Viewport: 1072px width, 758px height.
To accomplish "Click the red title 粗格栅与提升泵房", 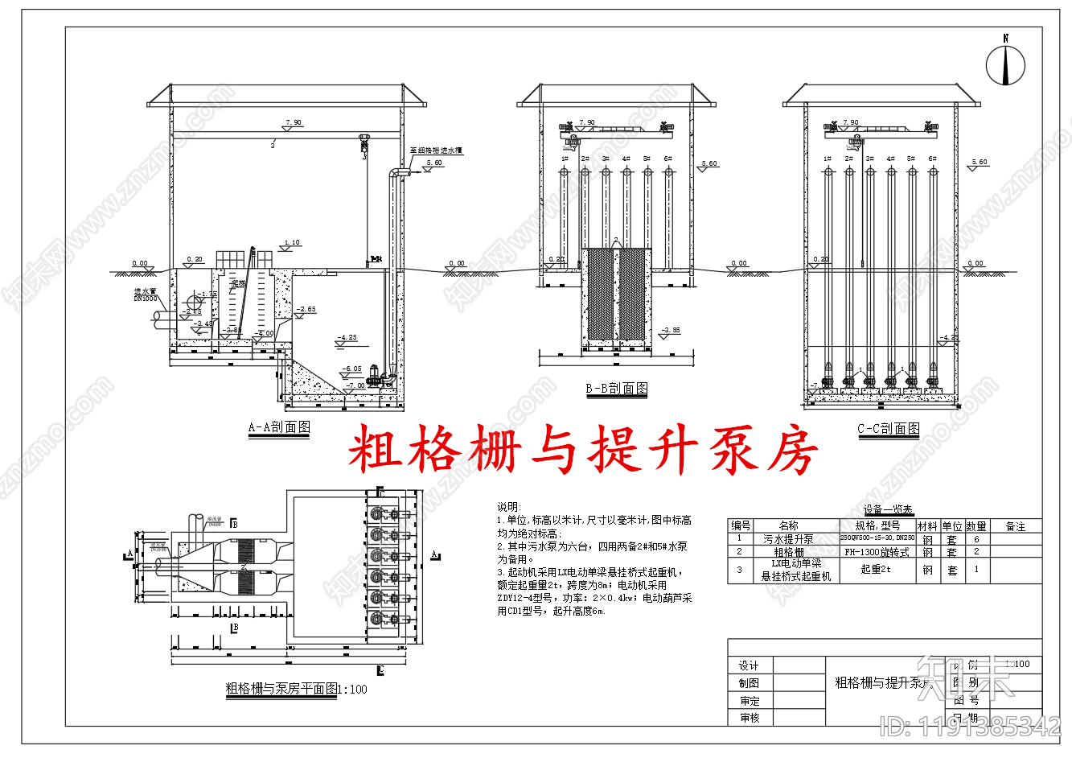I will tap(582, 449).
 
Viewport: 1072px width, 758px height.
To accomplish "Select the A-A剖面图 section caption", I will tap(279, 427).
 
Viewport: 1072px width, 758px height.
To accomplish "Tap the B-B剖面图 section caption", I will tap(617, 389).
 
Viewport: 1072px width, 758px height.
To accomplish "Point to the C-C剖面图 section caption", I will tap(889, 429).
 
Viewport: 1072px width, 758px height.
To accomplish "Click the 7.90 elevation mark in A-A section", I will tap(293, 123).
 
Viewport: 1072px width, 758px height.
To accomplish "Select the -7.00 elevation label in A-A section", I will tap(355, 385).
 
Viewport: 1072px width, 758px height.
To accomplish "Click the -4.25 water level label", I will tap(347, 338).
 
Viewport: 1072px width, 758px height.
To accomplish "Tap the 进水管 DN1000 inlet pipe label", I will tap(146, 295).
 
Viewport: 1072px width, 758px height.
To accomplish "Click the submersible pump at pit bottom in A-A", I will tap(375, 373).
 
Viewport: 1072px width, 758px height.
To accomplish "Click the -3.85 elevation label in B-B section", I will tap(671, 330).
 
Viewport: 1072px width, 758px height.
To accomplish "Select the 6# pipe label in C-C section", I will tap(932, 159).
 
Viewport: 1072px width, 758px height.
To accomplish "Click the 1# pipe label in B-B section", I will tap(565, 159).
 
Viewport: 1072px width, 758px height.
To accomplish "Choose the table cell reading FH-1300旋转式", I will tap(877, 552).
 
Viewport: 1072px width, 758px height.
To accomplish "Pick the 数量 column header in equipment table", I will tap(976, 526).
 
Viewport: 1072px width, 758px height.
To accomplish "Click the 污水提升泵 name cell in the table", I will tap(788, 539).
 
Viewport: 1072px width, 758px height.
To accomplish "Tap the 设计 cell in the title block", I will tap(749, 665).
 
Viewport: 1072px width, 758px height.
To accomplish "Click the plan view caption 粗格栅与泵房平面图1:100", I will tap(296, 689).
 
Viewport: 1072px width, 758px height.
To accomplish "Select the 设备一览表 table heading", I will tap(888, 509).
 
